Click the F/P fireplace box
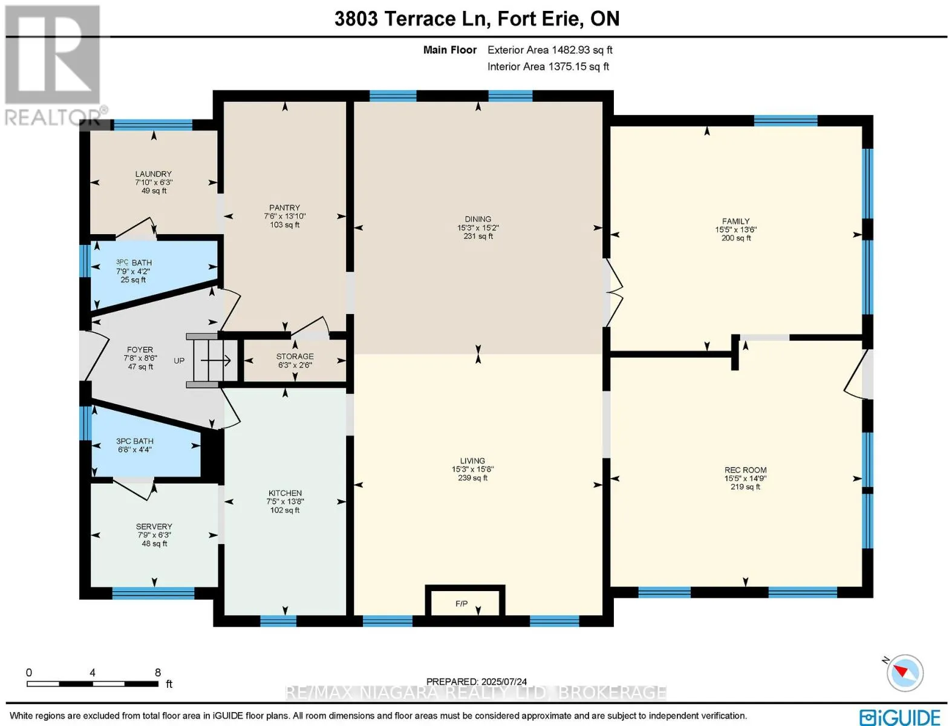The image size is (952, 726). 465,601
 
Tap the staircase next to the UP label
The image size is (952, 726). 212,361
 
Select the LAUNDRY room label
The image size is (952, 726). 153,174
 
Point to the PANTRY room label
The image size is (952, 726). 284,208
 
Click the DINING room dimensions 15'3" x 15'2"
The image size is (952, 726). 478,227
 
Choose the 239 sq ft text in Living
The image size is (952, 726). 473,477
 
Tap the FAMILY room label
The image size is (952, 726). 736,221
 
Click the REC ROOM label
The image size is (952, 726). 745,469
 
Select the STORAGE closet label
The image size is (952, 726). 295,356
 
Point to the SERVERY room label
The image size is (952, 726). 154,526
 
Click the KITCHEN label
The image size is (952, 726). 285,493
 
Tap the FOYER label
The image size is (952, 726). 140,350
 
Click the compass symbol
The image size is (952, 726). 904,673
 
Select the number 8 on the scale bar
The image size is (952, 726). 158,672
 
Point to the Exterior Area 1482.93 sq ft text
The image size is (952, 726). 550,50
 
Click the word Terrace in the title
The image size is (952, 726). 419,19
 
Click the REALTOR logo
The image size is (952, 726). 54,65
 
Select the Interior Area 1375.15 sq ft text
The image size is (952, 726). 548,67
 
